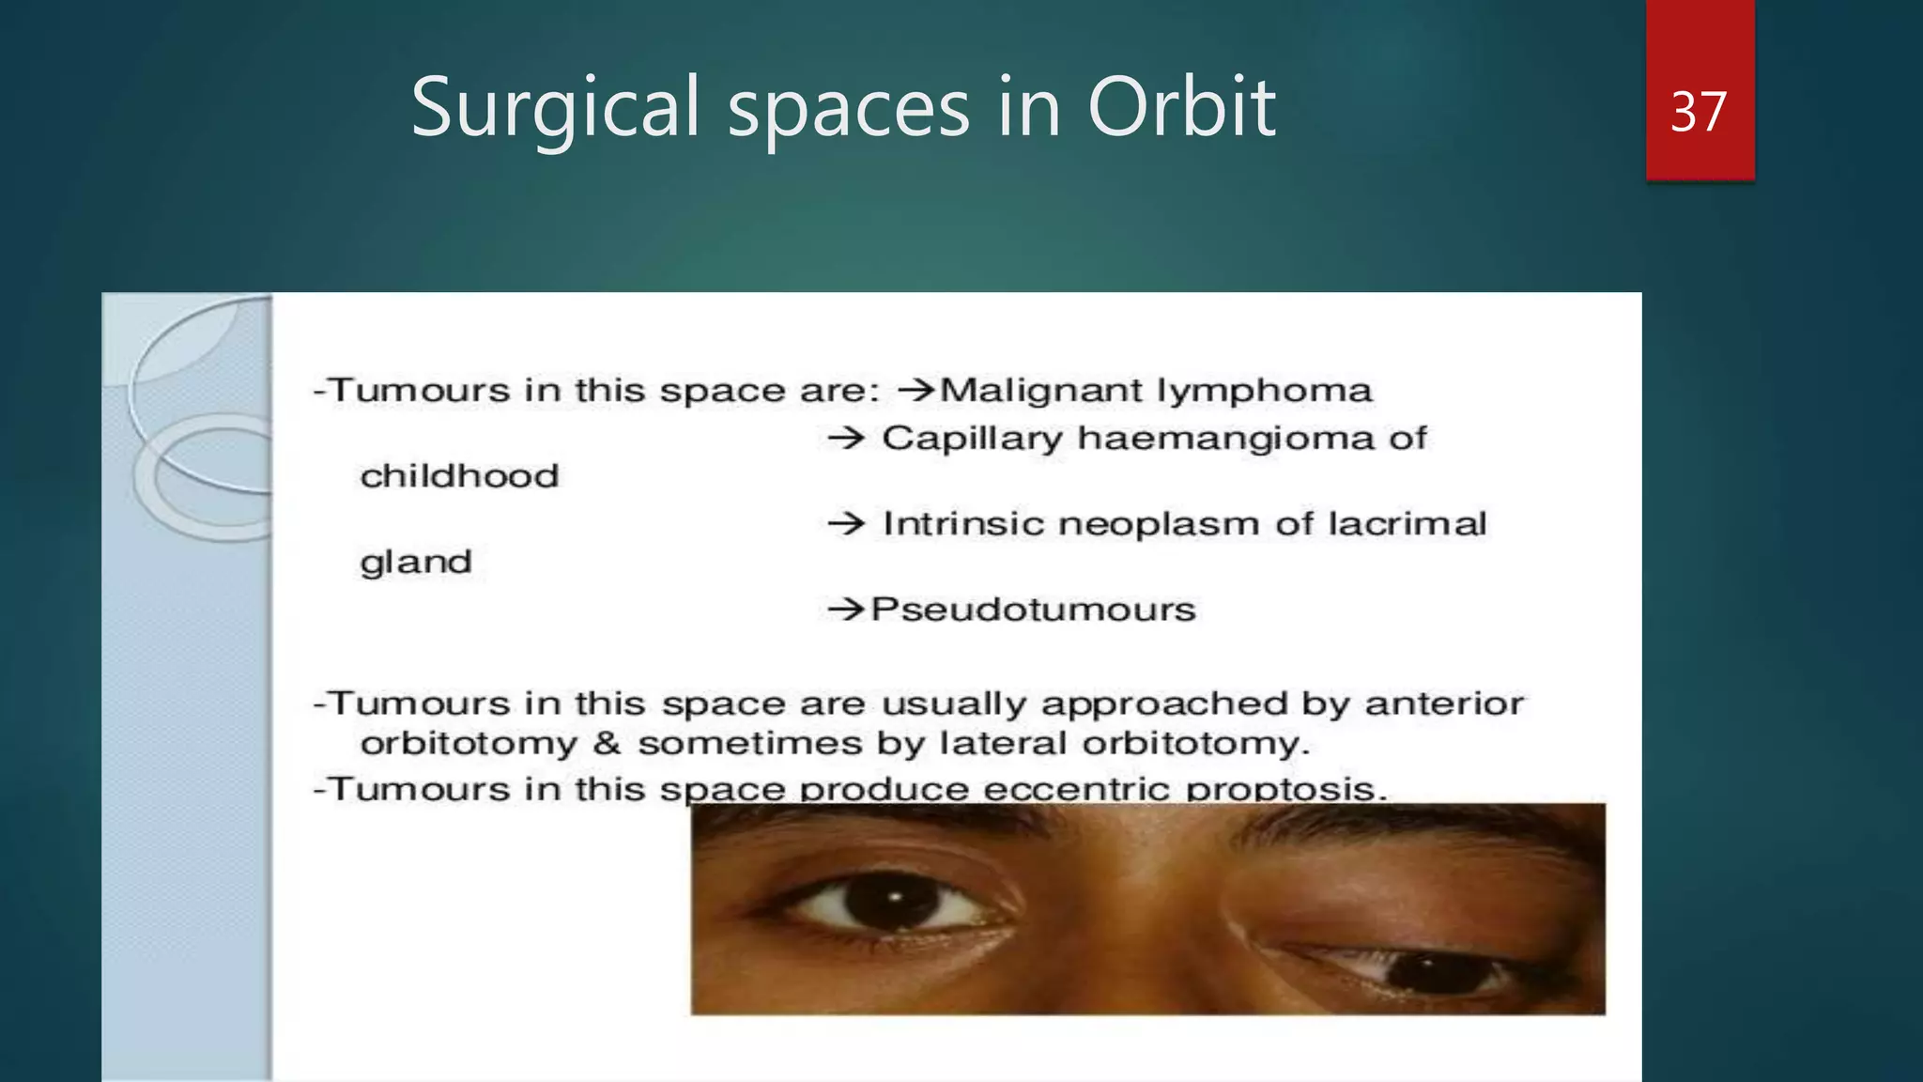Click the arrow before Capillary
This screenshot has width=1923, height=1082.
point(846,438)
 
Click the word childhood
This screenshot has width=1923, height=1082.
point(459,476)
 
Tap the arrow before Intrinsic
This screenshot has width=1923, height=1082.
point(846,524)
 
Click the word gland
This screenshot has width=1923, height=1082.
point(415,563)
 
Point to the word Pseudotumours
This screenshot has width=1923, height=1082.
point(1033,610)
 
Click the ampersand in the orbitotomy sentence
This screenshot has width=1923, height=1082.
point(607,744)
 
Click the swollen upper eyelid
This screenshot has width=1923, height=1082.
point(1390,902)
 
